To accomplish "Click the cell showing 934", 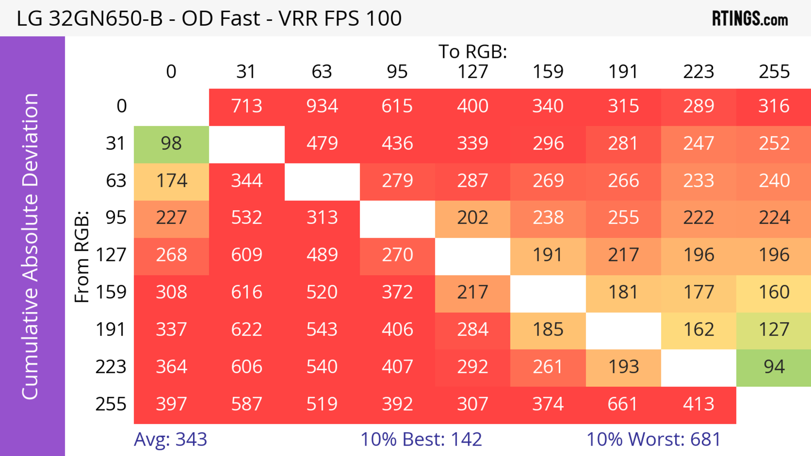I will click(x=322, y=106).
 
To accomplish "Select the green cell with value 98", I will click(x=171, y=143).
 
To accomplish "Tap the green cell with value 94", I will click(x=774, y=367).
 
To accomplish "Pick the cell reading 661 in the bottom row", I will click(x=623, y=404).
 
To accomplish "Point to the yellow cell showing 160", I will click(x=774, y=292).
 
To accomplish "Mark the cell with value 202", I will click(x=473, y=218).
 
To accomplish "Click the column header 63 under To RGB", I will click(x=322, y=72).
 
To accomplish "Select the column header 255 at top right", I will click(x=774, y=72).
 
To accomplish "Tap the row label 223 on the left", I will click(x=111, y=367).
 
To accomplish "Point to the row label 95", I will click(x=116, y=218).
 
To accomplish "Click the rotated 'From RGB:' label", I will click(x=82, y=257).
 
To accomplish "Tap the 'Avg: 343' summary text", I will click(x=170, y=439).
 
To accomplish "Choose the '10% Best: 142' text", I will click(x=421, y=439).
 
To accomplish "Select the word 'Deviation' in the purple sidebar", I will click(x=31, y=140).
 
